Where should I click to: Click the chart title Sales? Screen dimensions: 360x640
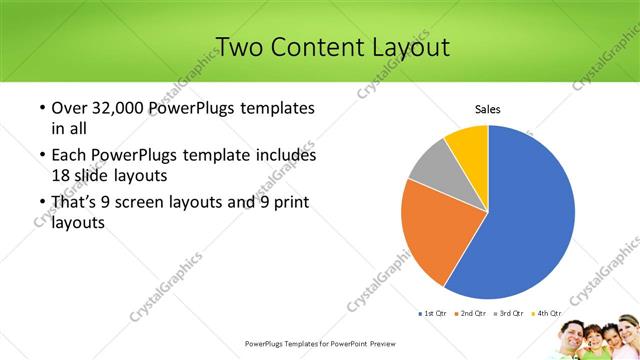click(x=487, y=109)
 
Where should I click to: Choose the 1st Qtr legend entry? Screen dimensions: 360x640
click(x=434, y=314)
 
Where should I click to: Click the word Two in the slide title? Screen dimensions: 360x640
click(x=239, y=47)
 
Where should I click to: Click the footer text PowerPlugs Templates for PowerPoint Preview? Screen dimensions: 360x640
click(x=319, y=343)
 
